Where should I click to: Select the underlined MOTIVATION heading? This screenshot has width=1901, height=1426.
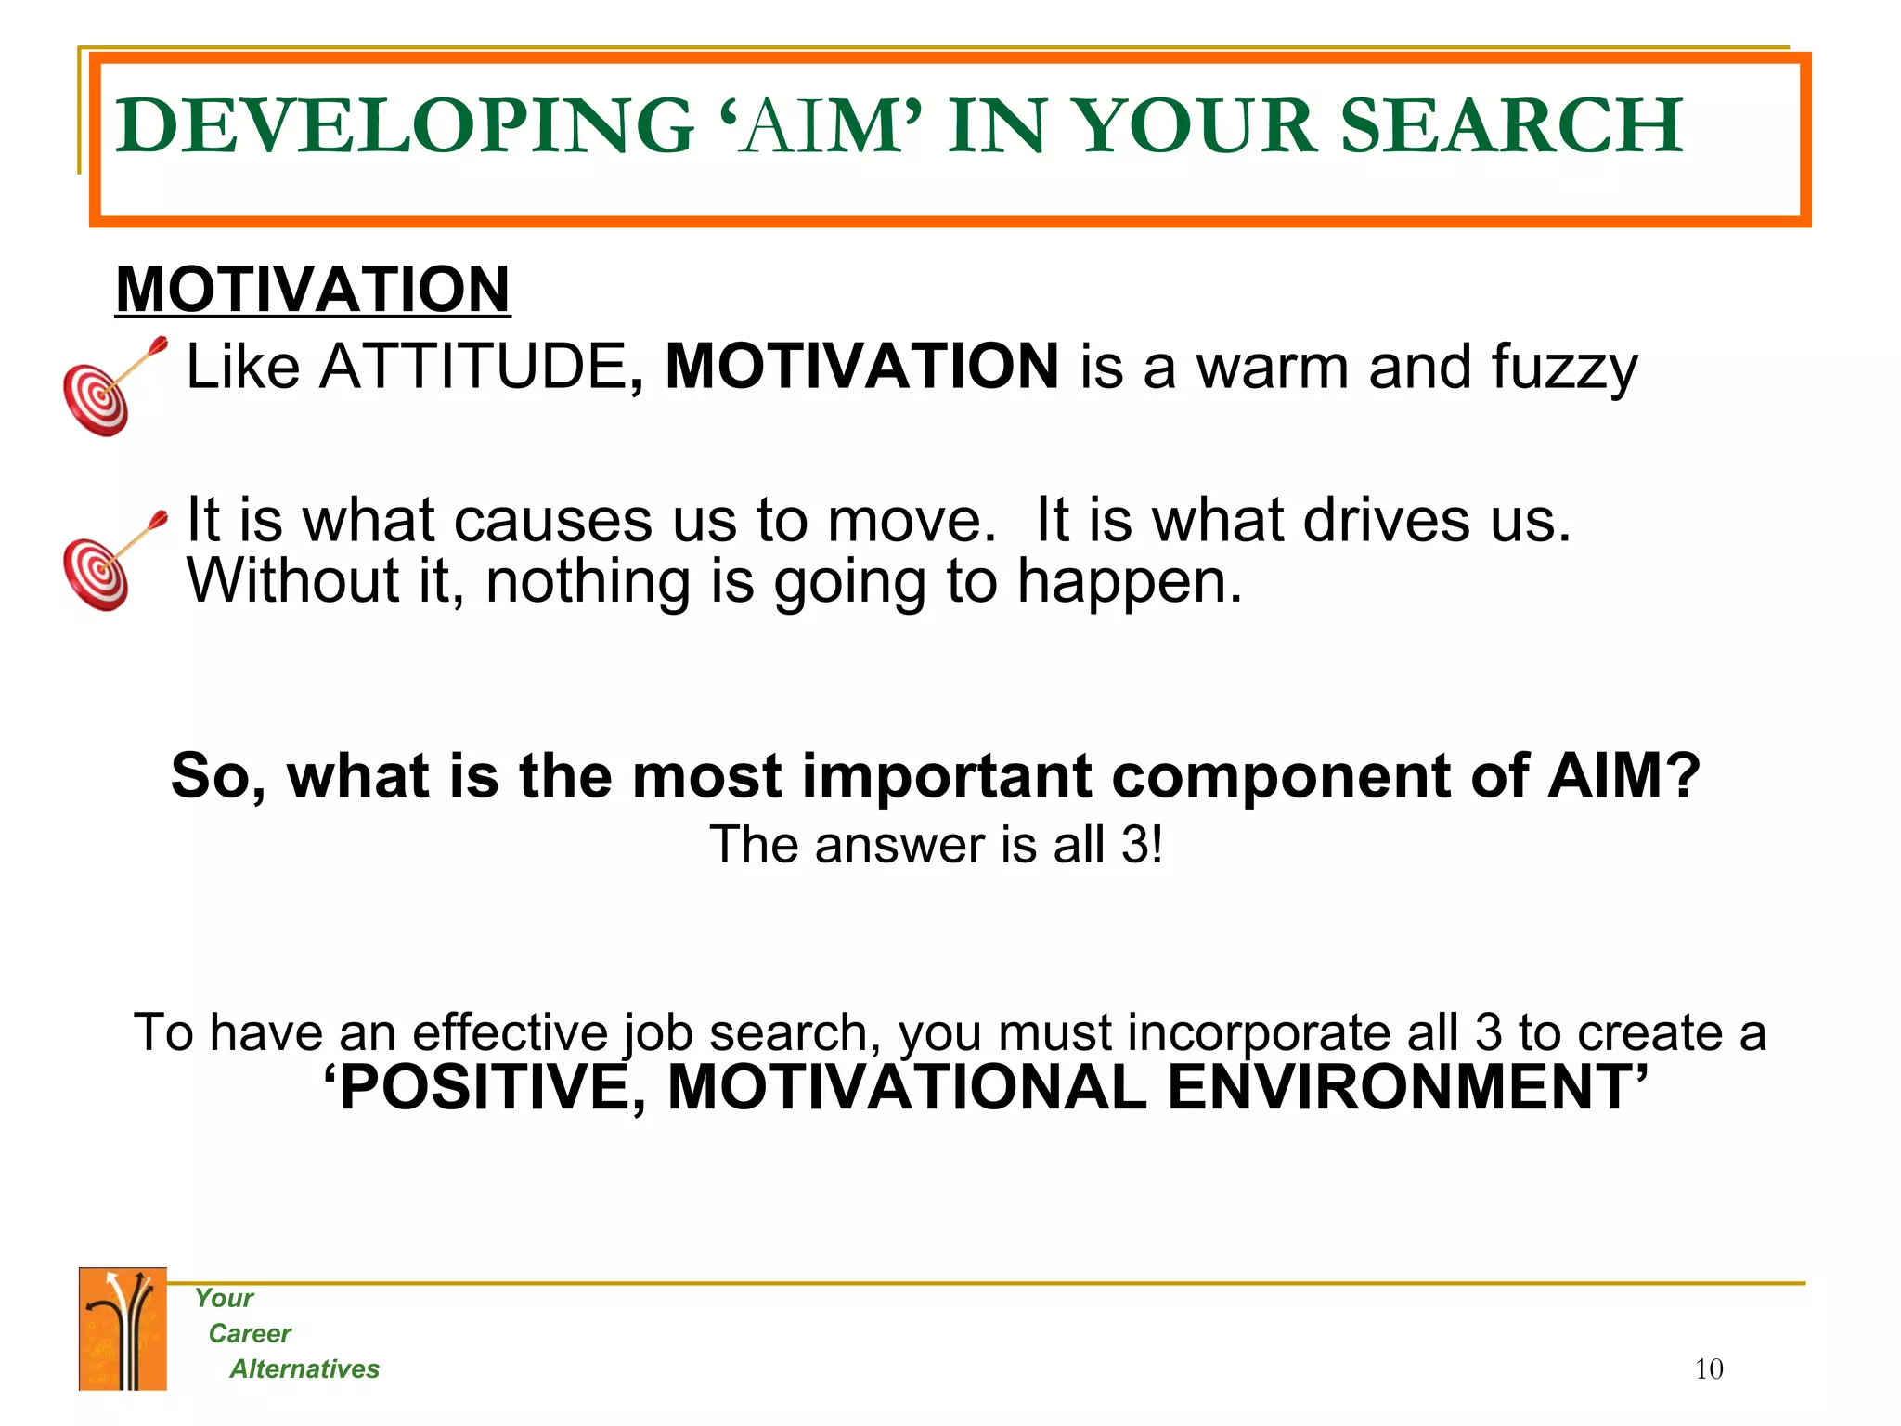[x=313, y=290]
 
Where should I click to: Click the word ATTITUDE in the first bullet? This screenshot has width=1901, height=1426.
[x=473, y=367]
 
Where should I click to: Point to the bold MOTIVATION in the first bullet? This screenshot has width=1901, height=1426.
[x=862, y=367]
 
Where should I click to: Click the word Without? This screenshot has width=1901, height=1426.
[x=293, y=581]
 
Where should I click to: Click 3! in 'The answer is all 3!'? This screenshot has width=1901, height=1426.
[x=1141, y=846]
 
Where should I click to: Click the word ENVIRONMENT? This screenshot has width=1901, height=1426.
[x=1403, y=1087]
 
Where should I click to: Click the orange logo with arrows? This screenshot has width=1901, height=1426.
[x=123, y=1329]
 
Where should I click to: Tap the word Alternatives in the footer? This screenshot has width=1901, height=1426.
[x=304, y=1369]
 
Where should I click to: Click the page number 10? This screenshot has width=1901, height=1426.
[x=1708, y=1369]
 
